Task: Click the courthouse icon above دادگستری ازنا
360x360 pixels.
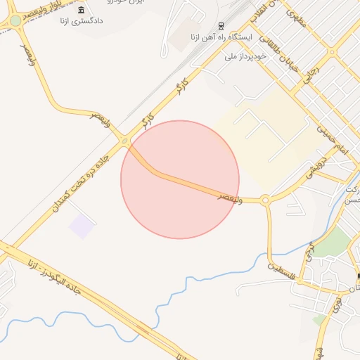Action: (x=82, y=10)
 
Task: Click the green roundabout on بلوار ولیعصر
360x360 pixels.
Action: (x=15, y=21)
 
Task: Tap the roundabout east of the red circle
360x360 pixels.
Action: (x=265, y=200)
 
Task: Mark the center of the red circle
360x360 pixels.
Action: (x=180, y=179)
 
